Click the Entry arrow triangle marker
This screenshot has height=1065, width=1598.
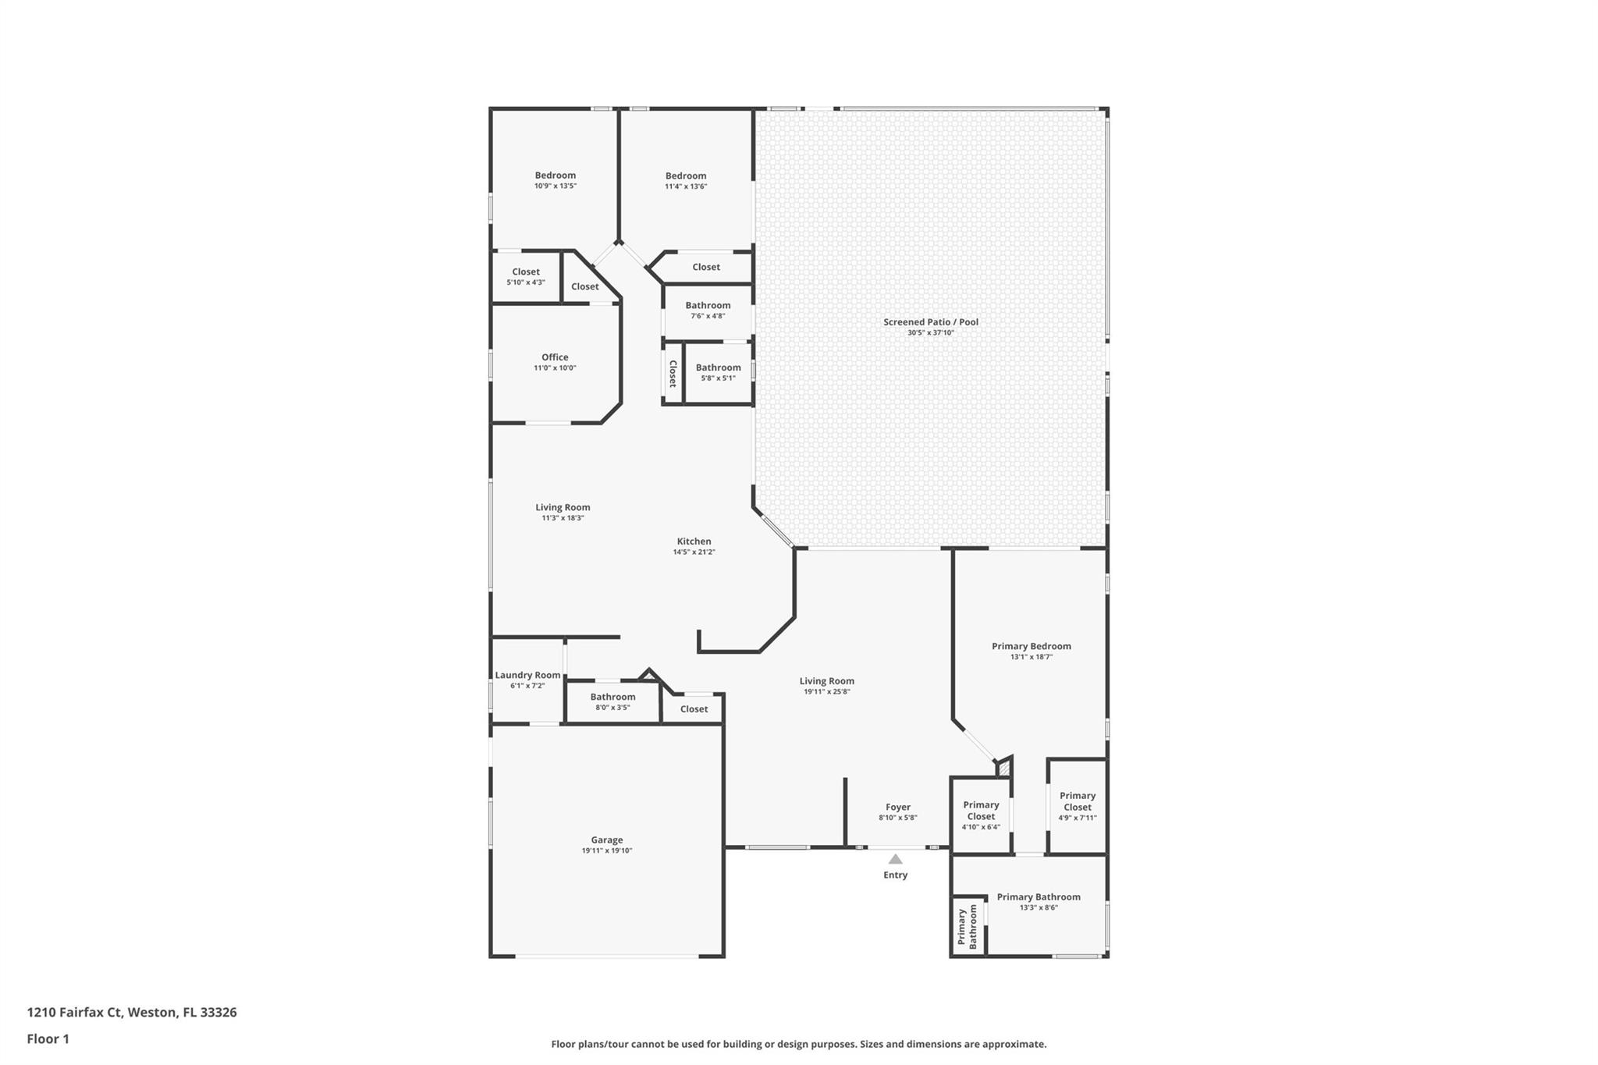coord(896,859)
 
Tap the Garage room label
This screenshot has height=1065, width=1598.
coord(607,840)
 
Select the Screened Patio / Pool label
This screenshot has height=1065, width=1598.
coord(931,322)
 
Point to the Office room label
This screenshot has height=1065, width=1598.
coord(555,357)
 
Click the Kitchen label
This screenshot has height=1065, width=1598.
coord(694,541)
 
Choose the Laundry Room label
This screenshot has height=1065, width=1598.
coord(527,676)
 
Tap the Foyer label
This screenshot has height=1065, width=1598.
coord(898,808)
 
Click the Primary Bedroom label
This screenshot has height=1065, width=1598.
coord(1032,646)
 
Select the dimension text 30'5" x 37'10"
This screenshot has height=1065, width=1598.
coord(931,333)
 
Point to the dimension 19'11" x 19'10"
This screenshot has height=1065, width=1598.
coord(607,851)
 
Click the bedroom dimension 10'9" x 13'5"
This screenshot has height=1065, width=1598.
coord(556,186)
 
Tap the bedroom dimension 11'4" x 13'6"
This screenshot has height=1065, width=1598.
coord(686,187)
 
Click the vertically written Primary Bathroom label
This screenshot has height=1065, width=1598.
coord(968,927)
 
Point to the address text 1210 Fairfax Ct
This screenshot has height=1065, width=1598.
coord(75,1013)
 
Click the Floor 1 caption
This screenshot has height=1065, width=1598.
coord(48,1039)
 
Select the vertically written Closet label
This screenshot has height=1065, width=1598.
coord(673,374)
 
